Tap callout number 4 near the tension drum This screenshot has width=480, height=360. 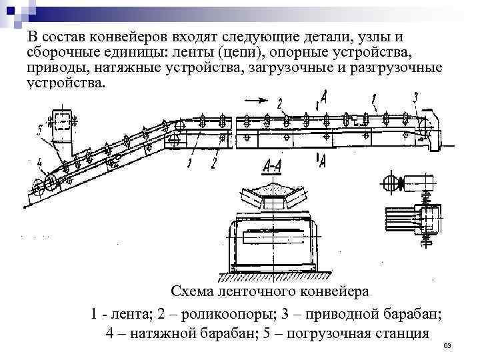[41, 161]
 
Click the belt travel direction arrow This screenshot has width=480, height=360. [255, 100]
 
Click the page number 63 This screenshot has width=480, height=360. [447, 346]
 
